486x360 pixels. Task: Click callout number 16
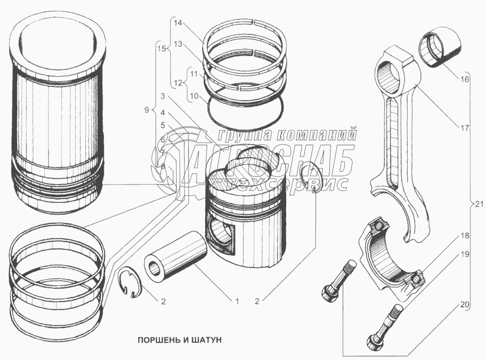tap(465, 79)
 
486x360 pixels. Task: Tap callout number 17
tap(465, 128)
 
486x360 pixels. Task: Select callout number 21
tap(480, 203)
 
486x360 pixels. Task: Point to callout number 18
tap(465, 236)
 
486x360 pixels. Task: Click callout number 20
tap(465, 304)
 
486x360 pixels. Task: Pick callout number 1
tap(237, 301)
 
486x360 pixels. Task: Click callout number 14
tap(178, 23)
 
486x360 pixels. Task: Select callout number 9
tap(146, 110)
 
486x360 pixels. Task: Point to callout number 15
tap(160, 49)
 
